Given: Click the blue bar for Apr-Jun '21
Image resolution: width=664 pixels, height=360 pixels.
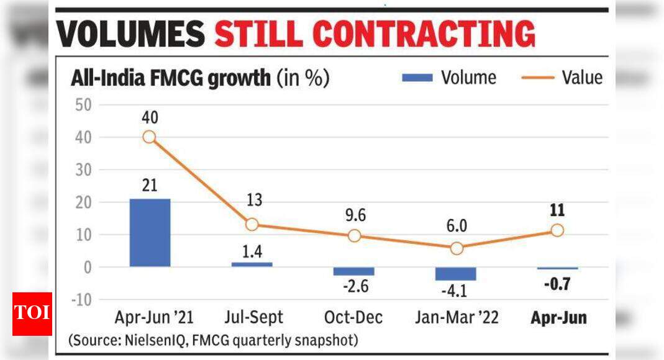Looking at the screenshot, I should [150, 233].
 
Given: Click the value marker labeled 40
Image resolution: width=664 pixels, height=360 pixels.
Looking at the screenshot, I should [149, 137].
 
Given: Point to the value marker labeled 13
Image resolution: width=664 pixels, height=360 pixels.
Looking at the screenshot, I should [252, 225].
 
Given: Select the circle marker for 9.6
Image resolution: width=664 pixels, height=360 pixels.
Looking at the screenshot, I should [354, 236].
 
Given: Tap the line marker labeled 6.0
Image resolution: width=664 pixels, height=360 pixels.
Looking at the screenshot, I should [456, 248].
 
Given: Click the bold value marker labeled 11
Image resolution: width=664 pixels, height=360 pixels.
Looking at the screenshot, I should [557, 230].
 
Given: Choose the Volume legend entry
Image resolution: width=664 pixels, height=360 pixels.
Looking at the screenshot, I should [450, 78].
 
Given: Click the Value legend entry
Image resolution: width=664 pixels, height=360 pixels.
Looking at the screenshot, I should [561, 78].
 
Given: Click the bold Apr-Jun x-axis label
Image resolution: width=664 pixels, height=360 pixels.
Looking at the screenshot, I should [558, 318].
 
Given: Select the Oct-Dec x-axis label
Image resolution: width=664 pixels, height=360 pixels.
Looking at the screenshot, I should [353, 318].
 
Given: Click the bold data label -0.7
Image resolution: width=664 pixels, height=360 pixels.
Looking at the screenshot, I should [557, 286].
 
